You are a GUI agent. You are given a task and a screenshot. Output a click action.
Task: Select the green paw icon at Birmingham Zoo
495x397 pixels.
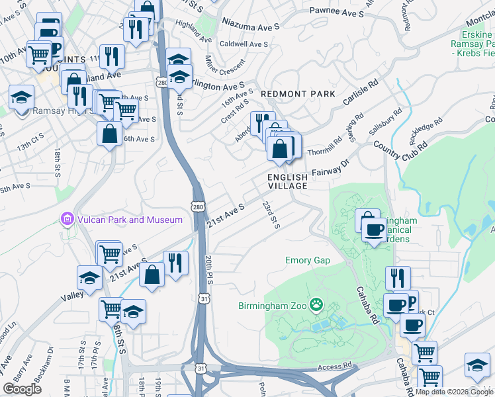tap(318, 305)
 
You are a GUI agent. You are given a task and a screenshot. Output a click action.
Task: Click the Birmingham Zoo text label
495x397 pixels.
tap(275, 306)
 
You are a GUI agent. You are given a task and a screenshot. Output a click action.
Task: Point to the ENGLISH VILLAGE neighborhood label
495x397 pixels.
tap(288, 182)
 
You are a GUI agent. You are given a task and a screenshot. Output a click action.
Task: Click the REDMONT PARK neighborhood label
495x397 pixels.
tap(298, 94)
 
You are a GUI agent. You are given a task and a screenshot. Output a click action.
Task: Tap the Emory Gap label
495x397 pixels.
tap(308, 261)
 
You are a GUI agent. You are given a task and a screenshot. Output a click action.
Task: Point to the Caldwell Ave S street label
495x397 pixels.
tap(244, 44)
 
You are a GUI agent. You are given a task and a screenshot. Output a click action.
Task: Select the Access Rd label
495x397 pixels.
tap(334, 365)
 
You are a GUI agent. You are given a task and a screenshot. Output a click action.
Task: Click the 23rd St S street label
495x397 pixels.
tap(271, 215)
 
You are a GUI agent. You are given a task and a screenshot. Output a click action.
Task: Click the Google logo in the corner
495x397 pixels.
tap(22, 388)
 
